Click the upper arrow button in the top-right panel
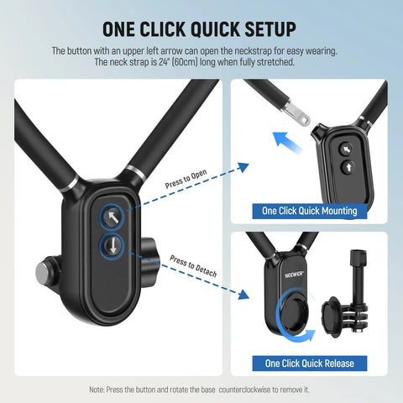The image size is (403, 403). (344, 149)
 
